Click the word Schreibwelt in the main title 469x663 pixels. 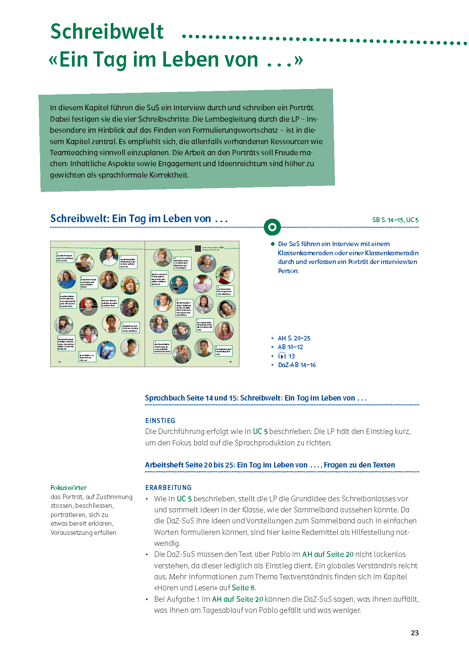click(x=107, y=32)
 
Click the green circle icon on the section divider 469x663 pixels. click(x=272, y=227)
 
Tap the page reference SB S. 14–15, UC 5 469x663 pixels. click(x=395, y=220)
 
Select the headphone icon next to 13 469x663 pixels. click(x=282, y=356)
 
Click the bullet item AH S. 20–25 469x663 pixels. click(x=294, y=338)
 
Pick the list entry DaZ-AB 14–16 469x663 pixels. click(x=297, y=365)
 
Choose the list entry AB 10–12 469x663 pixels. click(x=290, y=347)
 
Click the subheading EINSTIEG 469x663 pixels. click(x=160, y=420)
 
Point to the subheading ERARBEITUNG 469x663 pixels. click(x=168, y=487)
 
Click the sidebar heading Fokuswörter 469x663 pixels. click(x=69, y=488)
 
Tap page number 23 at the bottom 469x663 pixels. click(x=415, y=633)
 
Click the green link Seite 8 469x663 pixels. click(x=244, y=588)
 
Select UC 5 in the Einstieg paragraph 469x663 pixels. click(x=260, y=431)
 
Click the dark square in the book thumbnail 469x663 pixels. click(x=198, y=248)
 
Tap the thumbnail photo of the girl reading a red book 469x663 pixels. click(x=225, y=275)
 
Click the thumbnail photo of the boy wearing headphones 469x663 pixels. click(x=227, y=309)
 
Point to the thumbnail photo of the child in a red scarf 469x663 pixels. click(x=88, y=334)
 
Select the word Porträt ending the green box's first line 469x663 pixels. click(x=301, y=108)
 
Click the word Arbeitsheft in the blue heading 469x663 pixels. click(x=164, y=465)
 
